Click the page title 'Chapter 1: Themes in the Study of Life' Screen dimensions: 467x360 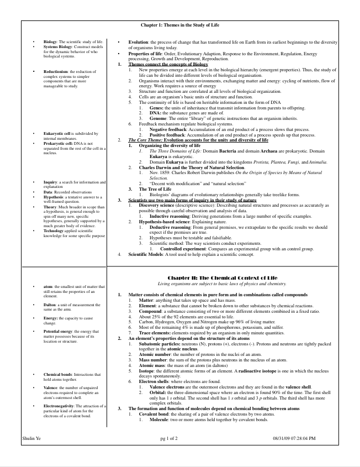(179, 25)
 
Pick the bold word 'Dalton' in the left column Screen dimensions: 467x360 (51, 306)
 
